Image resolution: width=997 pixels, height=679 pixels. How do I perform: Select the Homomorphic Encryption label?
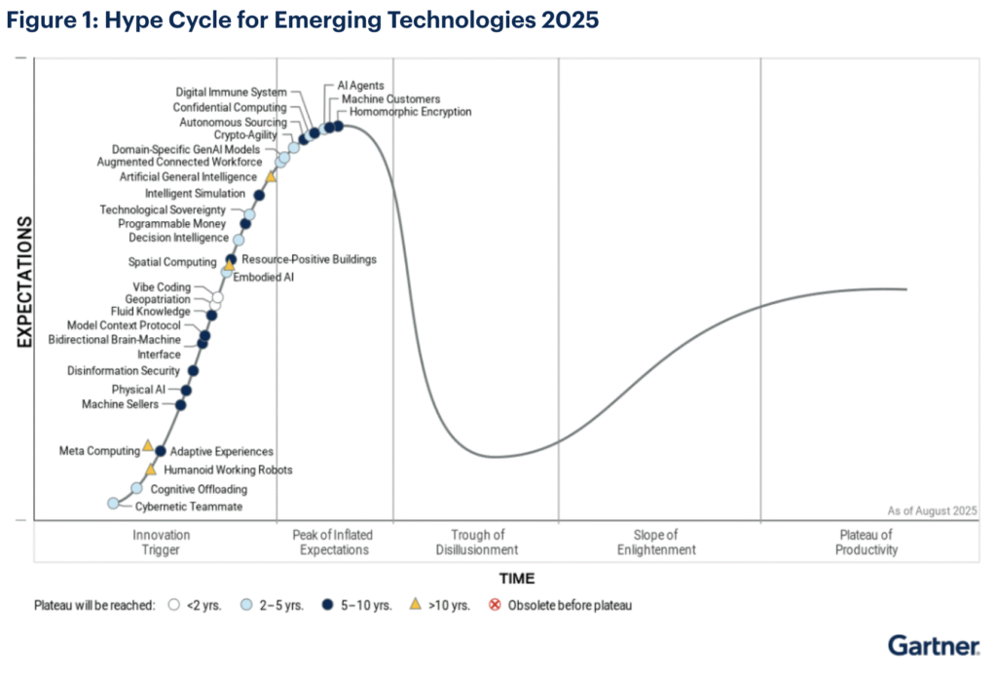402,112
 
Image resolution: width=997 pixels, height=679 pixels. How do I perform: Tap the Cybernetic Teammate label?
188,507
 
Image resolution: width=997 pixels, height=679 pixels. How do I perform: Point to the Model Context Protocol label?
124,325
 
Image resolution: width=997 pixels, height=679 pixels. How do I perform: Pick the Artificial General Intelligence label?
188,177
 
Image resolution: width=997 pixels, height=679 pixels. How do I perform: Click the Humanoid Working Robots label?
228,470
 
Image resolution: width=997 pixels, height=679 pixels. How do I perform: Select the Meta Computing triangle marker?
148,445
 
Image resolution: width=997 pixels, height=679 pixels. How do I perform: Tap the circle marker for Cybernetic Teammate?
114,503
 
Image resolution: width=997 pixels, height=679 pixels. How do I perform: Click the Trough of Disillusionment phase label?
477,543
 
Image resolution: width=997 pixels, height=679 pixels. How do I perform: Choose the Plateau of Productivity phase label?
867,543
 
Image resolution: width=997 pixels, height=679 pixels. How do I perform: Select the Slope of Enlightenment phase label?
656,543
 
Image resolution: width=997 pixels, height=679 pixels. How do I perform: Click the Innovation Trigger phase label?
162,543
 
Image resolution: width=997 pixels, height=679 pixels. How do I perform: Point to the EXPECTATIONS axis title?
26,283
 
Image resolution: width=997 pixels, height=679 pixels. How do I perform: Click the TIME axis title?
517,579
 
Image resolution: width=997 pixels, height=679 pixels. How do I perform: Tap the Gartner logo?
933,645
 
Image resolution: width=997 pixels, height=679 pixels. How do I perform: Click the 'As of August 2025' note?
932,510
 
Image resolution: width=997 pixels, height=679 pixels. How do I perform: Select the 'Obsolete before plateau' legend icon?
494,605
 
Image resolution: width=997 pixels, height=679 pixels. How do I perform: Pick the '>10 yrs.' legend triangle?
414,605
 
